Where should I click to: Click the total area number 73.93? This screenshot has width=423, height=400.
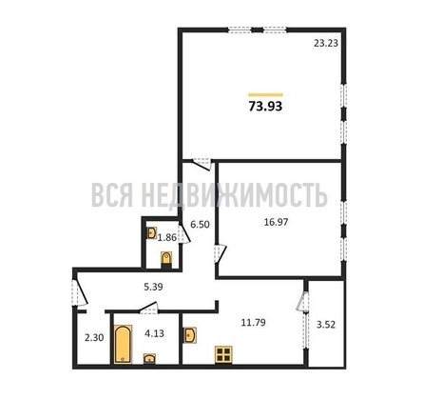[266, 107]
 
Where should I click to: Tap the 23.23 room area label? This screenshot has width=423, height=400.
[327, 43]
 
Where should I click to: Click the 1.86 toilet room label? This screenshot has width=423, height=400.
[167, 237]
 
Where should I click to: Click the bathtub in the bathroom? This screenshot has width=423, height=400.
[122, 346]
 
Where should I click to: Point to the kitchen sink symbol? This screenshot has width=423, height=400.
[190, 334]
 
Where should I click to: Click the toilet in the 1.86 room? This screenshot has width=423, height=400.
[167, 257]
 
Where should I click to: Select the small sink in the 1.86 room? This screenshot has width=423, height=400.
[150, 230]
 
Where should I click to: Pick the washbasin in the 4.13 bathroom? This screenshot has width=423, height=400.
[150, 359]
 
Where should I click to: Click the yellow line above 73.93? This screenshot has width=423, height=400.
[265, 93]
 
